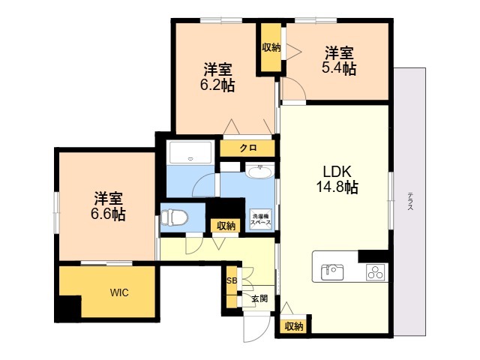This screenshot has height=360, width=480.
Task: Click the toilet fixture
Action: point(174,217)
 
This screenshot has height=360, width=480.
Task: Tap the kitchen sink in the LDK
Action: point(332,271)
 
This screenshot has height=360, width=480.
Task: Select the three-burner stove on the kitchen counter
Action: point(375,271)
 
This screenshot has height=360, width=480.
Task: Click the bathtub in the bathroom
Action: point(190,152)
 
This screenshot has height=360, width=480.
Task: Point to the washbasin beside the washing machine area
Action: point(260,172)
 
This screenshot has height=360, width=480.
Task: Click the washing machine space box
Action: point(261,219)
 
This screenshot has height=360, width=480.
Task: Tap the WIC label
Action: point(119,292)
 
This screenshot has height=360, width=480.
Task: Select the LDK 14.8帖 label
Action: point(337,179)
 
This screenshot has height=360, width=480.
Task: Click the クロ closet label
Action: point(248,148)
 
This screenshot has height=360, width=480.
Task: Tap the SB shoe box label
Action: point(232,280)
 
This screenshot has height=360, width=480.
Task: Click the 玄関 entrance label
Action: point(259,298)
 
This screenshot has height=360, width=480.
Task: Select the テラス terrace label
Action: point(410,201)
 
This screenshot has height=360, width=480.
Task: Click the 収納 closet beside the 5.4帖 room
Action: point(271,47)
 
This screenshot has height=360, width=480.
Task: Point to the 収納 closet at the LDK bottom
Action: point(294,326)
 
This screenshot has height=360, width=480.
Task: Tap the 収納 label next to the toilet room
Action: point(226,226)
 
